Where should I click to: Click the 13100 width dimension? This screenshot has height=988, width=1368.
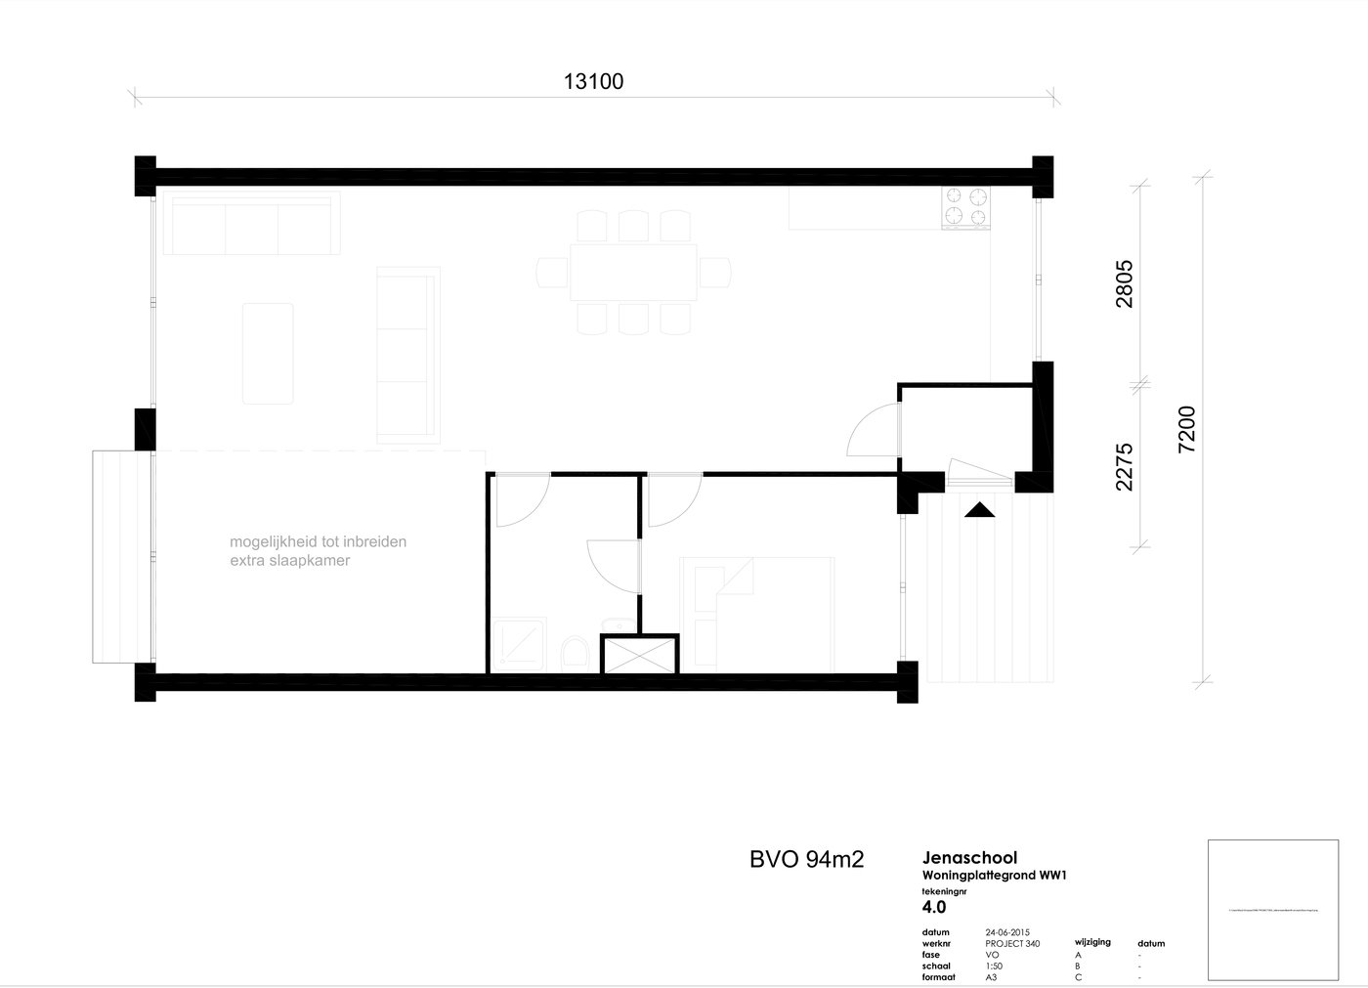coord(593,81)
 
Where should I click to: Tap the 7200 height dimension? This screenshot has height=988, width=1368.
coord(1186,429)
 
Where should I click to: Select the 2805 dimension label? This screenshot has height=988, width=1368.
coord(1124,283)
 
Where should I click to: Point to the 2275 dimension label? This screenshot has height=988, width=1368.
coord(1124,466)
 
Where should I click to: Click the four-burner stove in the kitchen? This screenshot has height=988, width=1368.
coord(965,206)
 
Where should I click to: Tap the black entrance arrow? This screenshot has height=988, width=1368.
coord(979,509)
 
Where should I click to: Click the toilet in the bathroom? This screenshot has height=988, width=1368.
coord(575,652)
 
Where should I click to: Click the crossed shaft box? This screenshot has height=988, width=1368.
coord(639,654)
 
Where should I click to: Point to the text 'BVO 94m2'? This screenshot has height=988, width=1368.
coord(806,859)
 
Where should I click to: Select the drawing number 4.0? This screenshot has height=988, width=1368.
coord(933,907)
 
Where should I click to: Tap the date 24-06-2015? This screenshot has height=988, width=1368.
coord(1007,932)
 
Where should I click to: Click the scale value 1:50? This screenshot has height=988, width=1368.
coord(994,966)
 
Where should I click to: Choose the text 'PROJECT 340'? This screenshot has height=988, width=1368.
coord(1012,944)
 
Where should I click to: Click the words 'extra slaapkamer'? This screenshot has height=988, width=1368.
coord(289,561)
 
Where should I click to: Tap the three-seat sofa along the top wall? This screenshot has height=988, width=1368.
coord(251,225)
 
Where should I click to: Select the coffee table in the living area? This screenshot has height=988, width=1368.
coord(268,353)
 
